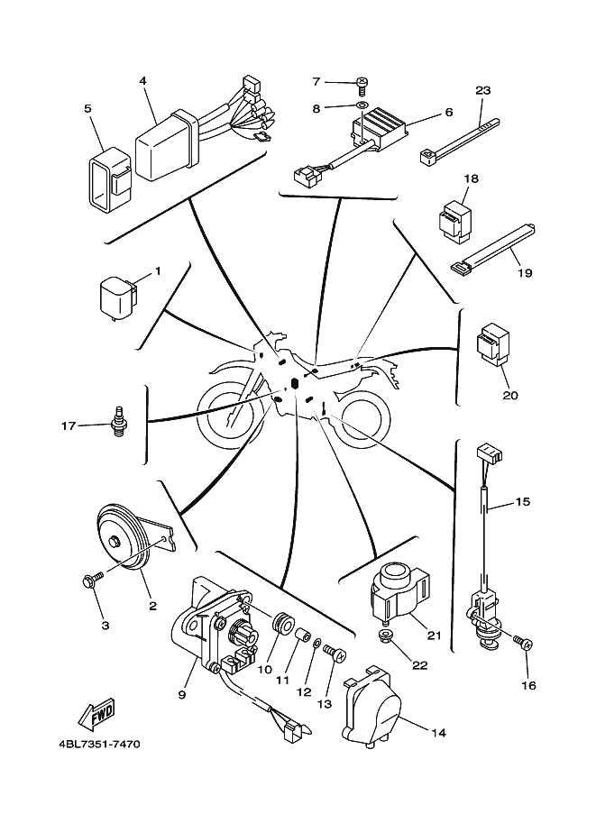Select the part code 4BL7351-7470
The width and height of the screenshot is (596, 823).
tap(88, 745)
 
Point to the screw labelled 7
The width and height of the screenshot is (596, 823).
tap(362, 83)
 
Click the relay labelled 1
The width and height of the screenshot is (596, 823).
tap(115, 296)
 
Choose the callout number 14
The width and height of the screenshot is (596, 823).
tap(438, 733)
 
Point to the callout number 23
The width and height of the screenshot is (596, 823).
tap(482, 90)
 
